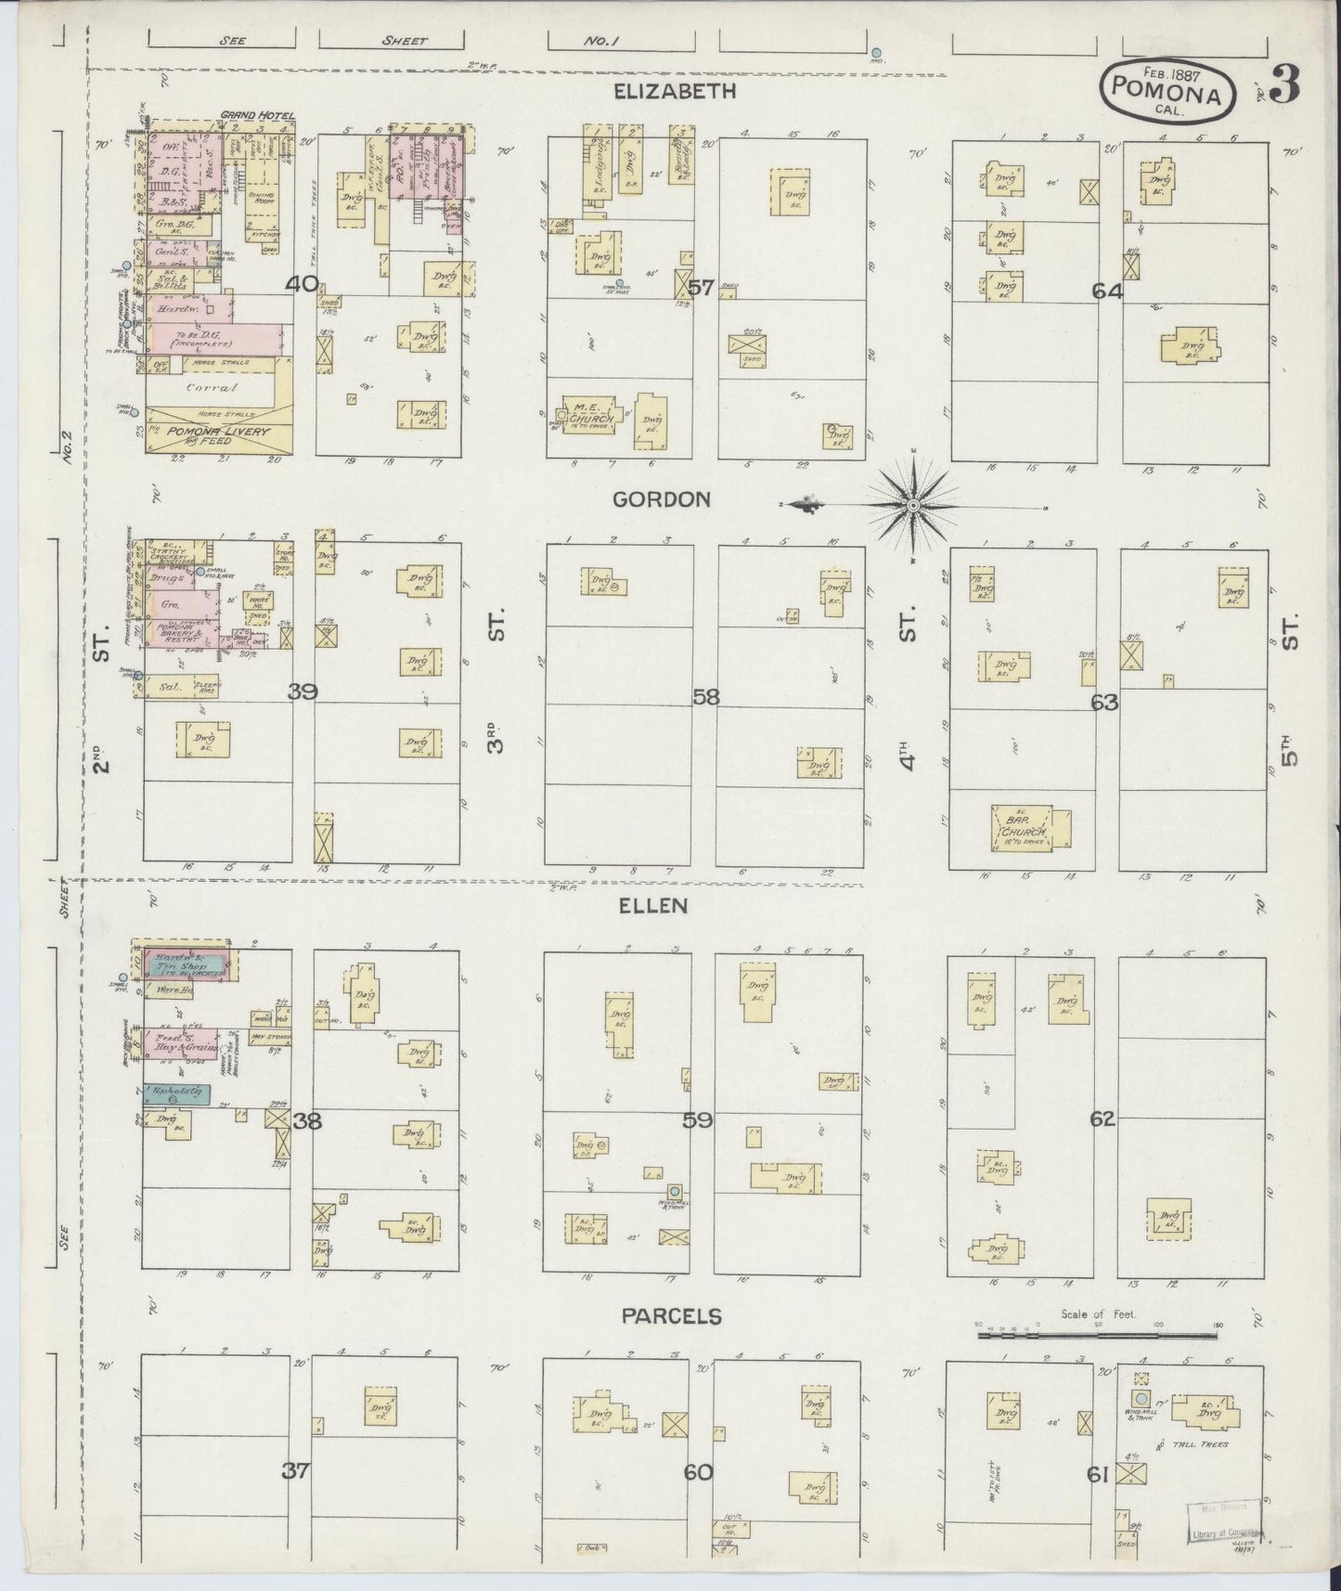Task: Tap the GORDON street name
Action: click(661, 499)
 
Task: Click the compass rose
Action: click(913, 505)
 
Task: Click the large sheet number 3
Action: click(1284, 85)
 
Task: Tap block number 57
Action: click(701, 288)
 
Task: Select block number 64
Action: click(1107, 291)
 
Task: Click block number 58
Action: click(705, 697)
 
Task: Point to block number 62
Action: click(1102, 1119)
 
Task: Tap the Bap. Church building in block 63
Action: click(1028, 830)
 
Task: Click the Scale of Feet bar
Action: click(1098, 1334)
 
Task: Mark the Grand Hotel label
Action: click(258, 116)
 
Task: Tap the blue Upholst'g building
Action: click(175, 1094)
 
